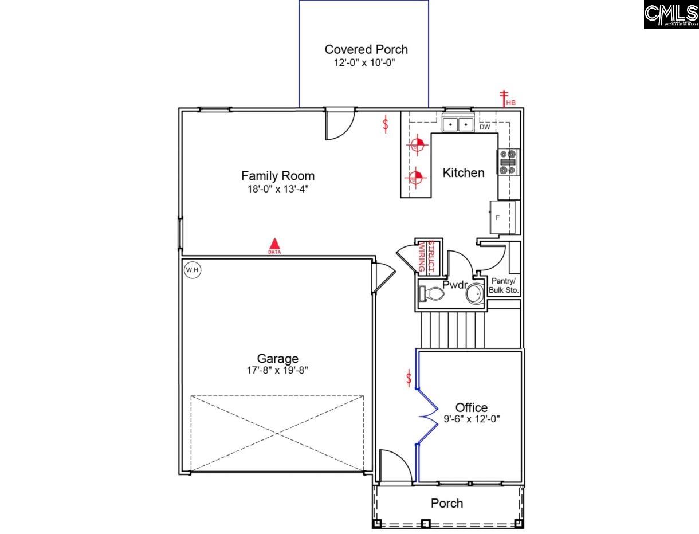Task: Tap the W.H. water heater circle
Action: tap(193, 269)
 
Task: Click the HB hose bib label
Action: tap(510, 103)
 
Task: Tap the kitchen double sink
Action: tap(458, 124)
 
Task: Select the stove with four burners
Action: tap(508, 162)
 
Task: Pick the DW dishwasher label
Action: tap(485, 127)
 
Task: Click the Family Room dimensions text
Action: tap(278, 189)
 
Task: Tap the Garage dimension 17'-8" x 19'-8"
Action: tap(277, 371)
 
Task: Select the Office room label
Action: tap(472, 407)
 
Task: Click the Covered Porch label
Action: tap(366, 49)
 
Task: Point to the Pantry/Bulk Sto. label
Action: tap(504, 286)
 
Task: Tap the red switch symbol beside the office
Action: tap(409, 378)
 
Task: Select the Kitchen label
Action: tap(463, 172)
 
